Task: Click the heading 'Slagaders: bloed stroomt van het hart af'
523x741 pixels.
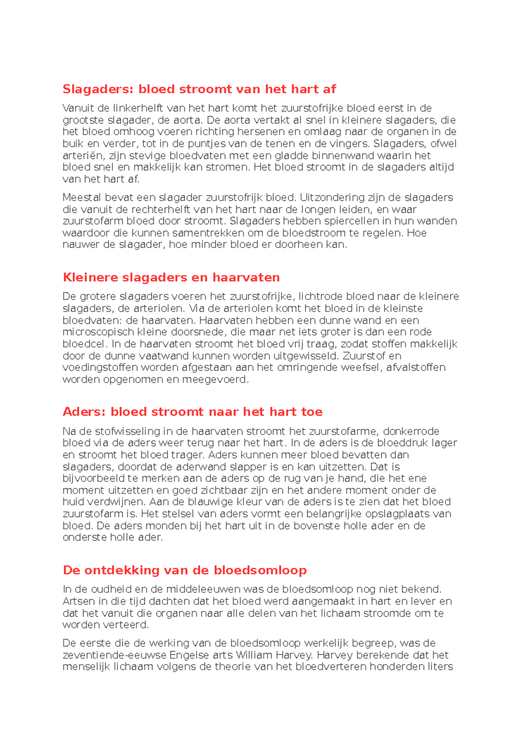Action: [199, 89]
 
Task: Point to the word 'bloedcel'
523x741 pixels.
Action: [85, 344]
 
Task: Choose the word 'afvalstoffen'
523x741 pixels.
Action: [416, 367]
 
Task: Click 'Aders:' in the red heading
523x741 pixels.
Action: [84, 412]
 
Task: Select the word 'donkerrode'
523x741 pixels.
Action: [411, 432]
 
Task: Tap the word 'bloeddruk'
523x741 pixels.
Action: [403, 443]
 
